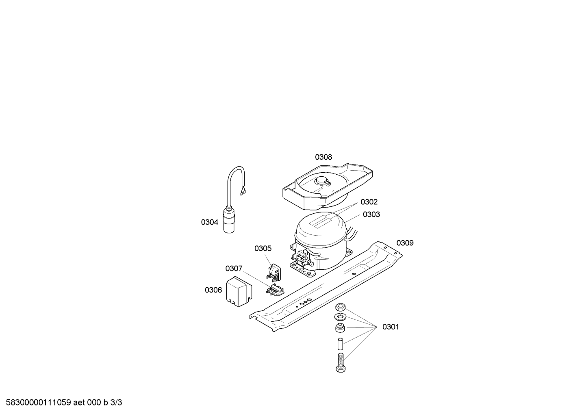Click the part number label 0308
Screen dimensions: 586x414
tap(323, 157)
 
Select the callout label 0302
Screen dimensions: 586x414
tap(369, 202)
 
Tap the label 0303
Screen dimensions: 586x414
tap(371, 215)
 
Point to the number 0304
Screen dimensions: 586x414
tap(209, 222)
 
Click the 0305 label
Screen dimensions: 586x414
tap(263, 249)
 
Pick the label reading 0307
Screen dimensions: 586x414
tap(234, 269)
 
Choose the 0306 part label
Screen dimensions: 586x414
tap(213, 290)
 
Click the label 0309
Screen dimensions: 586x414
tap(405, 243)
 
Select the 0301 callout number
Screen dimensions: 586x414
tap(391, 327)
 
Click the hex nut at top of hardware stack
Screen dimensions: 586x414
tap(341, 307)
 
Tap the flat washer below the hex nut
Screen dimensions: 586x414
tap(340, 317)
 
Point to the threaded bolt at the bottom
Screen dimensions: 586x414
tap(341, 362)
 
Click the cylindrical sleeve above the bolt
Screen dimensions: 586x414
tap(340, 344)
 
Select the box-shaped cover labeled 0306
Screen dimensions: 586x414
tap(239, 291)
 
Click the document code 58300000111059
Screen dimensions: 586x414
tap(39, 403)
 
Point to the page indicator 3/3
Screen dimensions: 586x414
tap(116, 403)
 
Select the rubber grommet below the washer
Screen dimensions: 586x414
tap(340, 328)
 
